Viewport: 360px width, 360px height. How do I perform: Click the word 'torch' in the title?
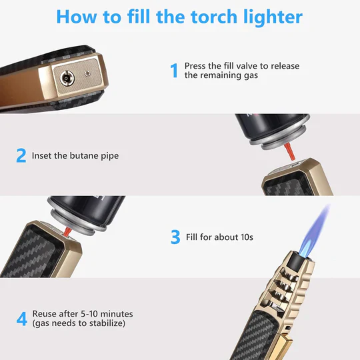click(x=202, y=17)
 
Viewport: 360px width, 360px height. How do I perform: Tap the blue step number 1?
click(x=174, y=70)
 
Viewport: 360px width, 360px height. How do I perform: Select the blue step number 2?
click(x=21, y=155)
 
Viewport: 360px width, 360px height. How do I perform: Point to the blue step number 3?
click(x=175, y=237)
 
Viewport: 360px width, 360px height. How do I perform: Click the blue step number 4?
click(x=21, y=318)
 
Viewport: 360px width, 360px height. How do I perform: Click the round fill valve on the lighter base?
click(x=67, y=78)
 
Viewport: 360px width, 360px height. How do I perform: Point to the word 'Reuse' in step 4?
click(x=45, y=313)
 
